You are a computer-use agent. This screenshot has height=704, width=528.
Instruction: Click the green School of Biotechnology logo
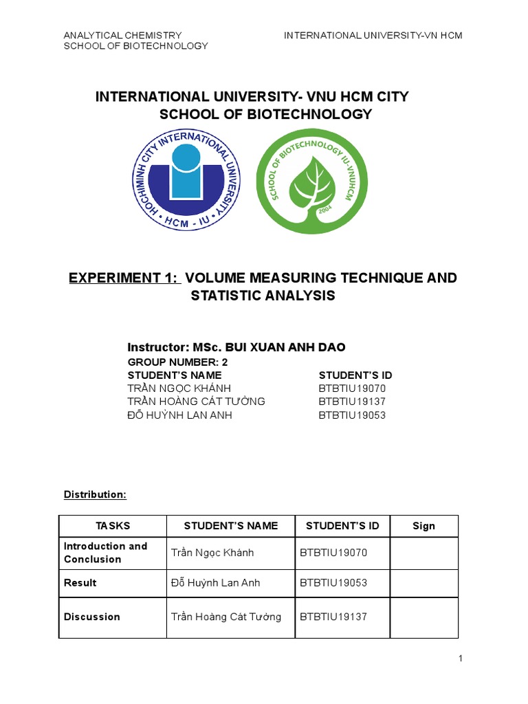(x=307, y=181)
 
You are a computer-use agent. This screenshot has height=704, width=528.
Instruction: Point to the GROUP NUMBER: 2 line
(x=177, y=362)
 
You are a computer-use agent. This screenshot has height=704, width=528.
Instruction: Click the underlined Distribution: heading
(x=95, y=494)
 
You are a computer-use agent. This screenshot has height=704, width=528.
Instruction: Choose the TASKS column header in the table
(x=113, y=526)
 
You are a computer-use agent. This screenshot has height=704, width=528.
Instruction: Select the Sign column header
(x=423, y=526)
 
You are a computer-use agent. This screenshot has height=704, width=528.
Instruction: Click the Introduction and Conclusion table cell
(x=106, y=553)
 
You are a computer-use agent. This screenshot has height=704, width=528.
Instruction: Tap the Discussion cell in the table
(x=92, y=617)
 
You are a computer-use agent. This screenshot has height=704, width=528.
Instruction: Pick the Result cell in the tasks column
(x=80, y=583)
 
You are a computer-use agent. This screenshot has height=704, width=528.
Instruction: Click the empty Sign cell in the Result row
(x=423, y=583)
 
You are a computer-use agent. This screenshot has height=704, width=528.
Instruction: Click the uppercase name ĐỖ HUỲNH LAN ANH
(x=180, y=415)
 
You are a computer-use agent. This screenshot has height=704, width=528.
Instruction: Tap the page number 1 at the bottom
(x=461, y=659)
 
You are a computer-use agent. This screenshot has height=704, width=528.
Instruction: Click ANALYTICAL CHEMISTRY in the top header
(x=122, y=35)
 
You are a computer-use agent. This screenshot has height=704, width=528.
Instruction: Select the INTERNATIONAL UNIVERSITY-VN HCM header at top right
(x=373, y=35)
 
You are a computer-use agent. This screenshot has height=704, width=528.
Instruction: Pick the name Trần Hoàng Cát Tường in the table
(x=225, y=617)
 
